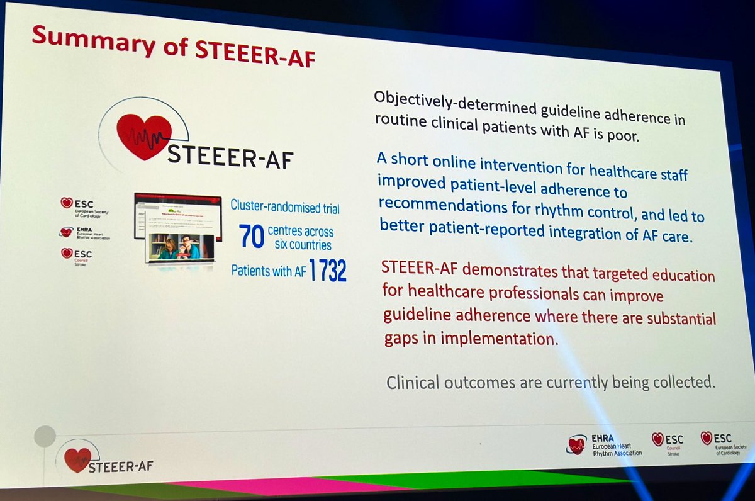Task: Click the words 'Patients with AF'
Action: [269, 271]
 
